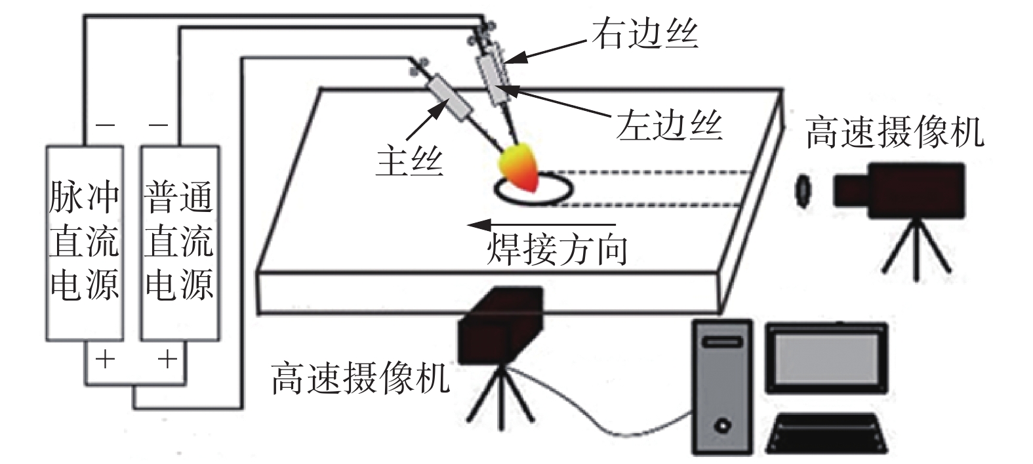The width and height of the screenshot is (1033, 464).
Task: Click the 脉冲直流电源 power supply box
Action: pyautogui.click(x=85, y=243)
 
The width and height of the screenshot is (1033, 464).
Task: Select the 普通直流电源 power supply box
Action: pyautogui.click(x=179, y=243)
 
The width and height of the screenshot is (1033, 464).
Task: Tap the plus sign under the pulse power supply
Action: pyautogui.click(x=105, y=359)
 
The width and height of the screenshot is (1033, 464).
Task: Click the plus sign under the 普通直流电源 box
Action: pyautogui.click(x=168, y=359)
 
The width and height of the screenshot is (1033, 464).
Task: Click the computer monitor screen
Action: pyautogui.click(x=826, y=358)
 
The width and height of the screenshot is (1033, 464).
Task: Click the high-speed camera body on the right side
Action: pyautogui.click(x=899, y=190)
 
